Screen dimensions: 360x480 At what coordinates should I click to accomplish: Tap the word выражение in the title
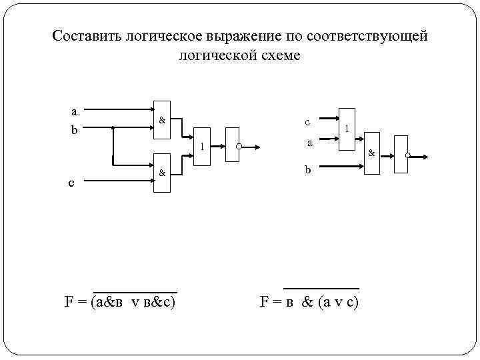(246, 36)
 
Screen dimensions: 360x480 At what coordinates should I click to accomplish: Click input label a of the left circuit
(75, 111)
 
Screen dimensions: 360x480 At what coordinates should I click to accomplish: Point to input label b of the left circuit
(75, 129)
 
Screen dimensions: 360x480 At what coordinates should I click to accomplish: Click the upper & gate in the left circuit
(161, 121)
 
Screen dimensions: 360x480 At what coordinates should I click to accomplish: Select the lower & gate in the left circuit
(161, 174)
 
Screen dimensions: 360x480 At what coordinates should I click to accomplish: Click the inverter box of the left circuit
(231, 144)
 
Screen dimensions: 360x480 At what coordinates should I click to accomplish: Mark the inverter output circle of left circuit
(239, 146)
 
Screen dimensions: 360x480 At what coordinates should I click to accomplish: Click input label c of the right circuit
(307, 122)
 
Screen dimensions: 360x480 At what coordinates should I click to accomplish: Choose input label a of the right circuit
(309, 143)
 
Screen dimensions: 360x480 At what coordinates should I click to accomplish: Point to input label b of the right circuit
(308, 170)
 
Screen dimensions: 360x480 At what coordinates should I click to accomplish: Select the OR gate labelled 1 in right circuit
(347, 128)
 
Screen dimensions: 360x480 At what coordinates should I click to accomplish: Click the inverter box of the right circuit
(400, 155)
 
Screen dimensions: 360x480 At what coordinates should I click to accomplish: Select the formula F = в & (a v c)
(309, 302)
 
